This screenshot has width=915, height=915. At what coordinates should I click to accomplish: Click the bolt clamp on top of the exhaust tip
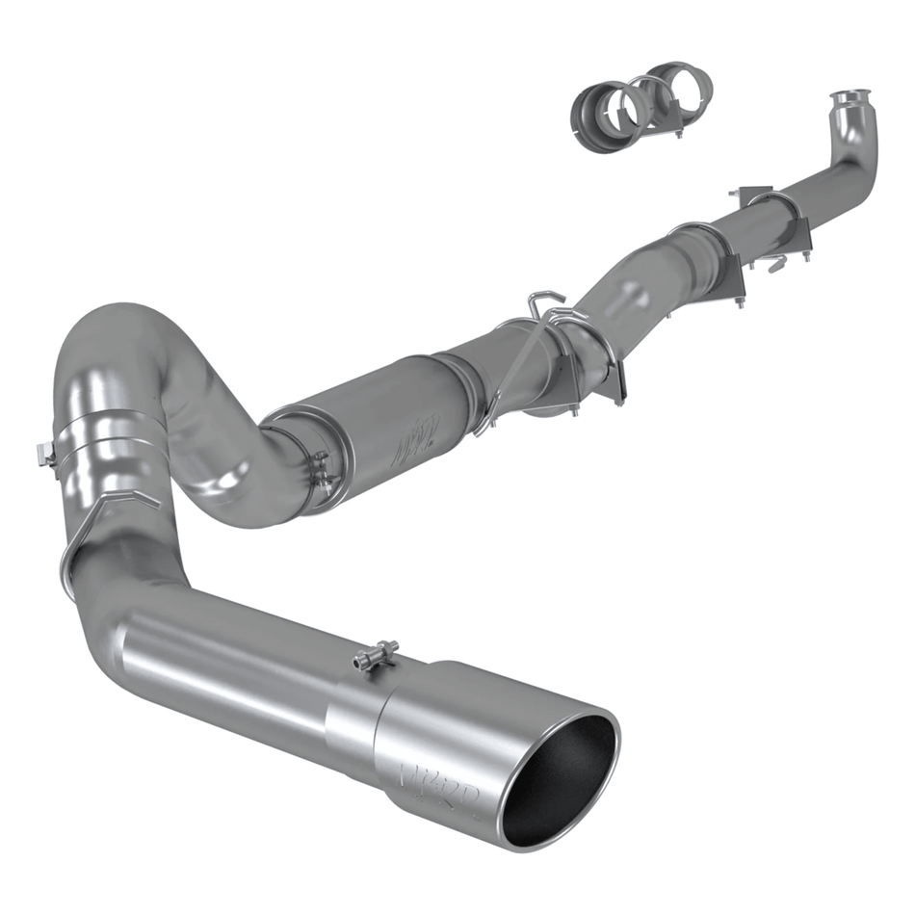click(375, 657)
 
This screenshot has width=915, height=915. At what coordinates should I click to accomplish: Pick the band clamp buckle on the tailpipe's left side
click(46, 453)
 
